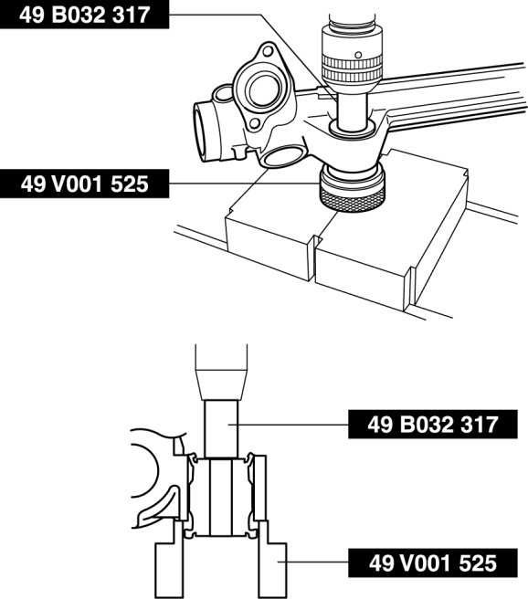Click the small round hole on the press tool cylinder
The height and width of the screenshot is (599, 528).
[358, 55]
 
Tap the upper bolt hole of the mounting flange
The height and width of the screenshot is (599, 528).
[269, 52]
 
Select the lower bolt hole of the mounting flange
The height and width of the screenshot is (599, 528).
[255, 123]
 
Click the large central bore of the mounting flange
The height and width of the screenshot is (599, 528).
[263, 90]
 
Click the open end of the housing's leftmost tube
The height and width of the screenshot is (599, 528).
[201, 131]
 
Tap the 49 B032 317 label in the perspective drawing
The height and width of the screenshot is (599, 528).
[84, 15]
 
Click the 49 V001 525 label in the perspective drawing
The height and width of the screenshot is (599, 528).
[84, 184]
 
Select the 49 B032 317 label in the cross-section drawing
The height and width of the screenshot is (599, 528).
[433, 424]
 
